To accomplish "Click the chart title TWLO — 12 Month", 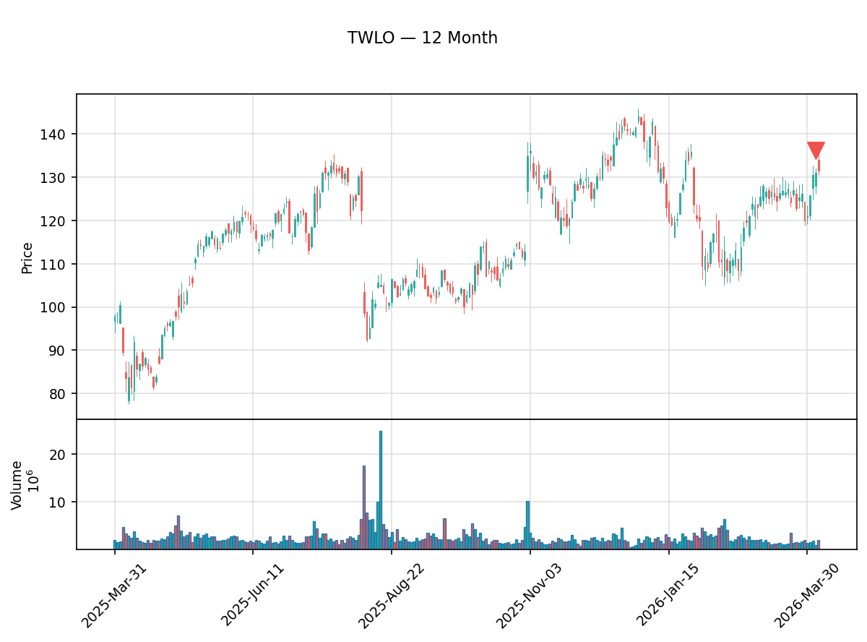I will [x=422, y=38].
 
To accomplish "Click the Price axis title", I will [x=27, y=257].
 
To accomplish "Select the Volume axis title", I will [x=17, y=484].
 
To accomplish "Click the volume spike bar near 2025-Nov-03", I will [x=527, y=525].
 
